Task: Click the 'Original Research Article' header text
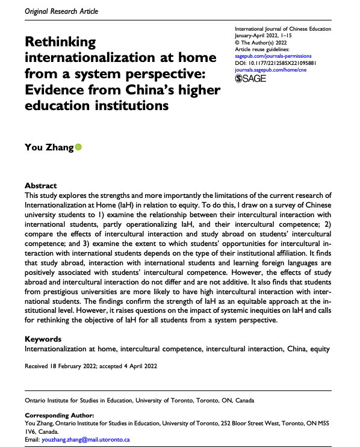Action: pos(52,11)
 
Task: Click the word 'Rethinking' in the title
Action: pos(60,43)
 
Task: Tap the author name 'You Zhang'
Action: pos(49,147)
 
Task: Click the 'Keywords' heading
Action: pos(43,339)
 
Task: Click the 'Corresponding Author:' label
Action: pos(59,416)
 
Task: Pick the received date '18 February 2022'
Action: pos(73,365)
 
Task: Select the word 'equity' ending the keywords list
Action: pos(334,348)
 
